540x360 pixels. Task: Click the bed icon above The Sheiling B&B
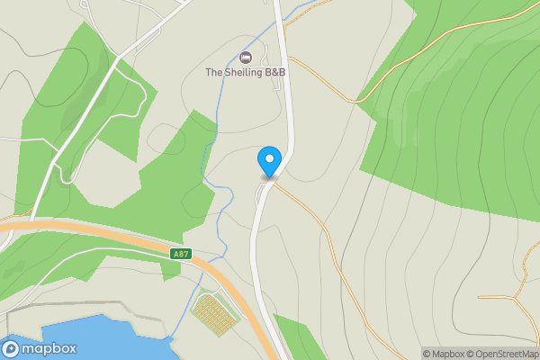pyautogui.click(x=245, y=58)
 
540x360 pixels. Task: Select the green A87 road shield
pyautogui.click(x=181, y=255)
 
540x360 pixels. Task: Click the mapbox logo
pyautogui.click(x=40, y=349)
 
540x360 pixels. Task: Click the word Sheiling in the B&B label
pyautogui.click(x=248, y=72)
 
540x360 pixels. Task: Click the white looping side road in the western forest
pyautogui.click(x=135, y=99)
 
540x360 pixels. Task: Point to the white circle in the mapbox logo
pyautogui.click(x=12, y=349)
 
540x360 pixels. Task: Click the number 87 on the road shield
pyautogui.click(x=184, y=255)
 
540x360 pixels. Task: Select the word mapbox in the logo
pyautogui.click(x=49, y=349)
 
